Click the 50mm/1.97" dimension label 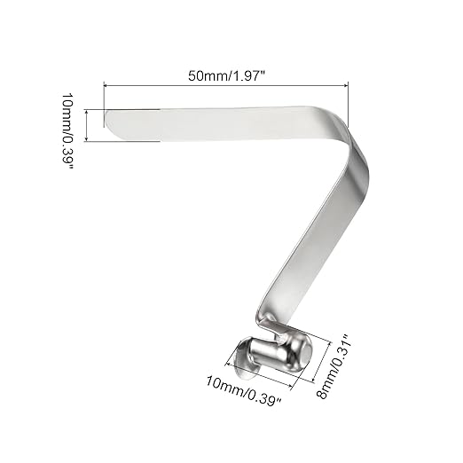tap(226, 75)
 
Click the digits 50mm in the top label tap(203, 75)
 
